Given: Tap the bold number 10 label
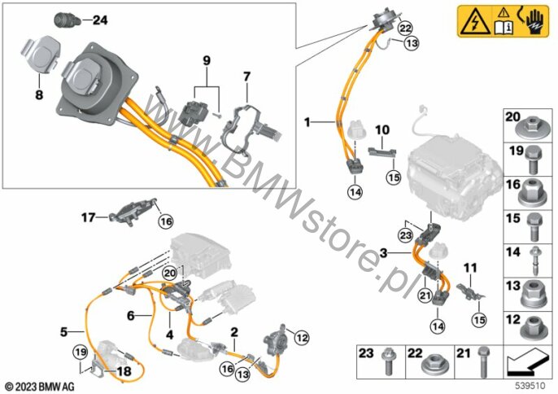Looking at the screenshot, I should coord(383,129).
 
